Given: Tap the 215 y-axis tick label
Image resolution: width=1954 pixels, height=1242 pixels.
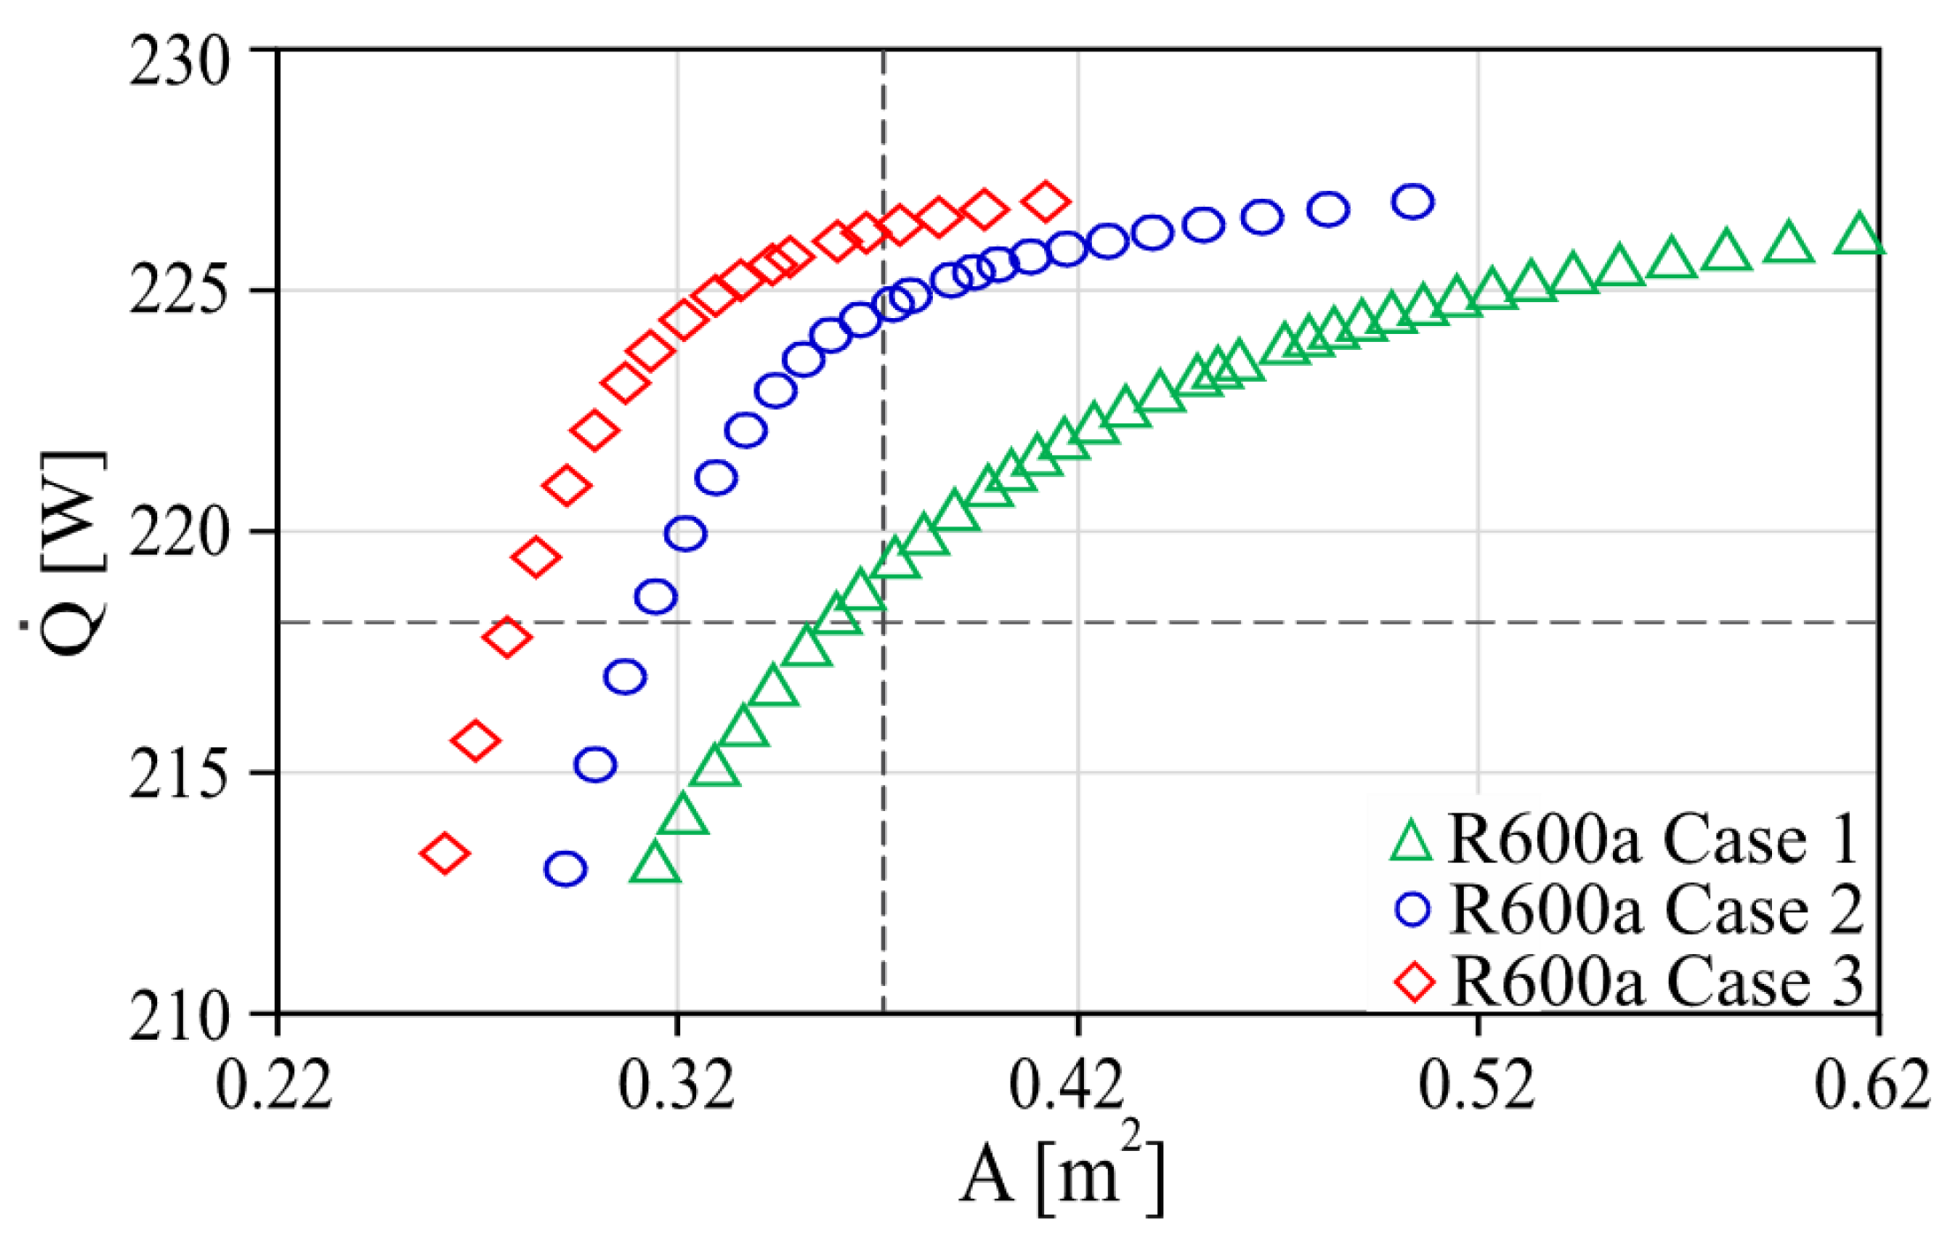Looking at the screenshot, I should (x=179, y=774).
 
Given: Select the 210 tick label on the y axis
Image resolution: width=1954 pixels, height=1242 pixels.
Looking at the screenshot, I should (x=179, y=1016).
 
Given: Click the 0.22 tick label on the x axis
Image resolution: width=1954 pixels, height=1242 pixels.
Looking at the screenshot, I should (x=275, y=1086).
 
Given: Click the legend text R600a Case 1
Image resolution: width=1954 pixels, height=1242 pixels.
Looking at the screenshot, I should (x=1652, y=839).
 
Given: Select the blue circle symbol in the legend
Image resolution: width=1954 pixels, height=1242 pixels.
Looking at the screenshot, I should (x=1412, y=910).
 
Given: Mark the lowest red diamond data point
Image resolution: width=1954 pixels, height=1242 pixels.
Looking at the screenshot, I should (x=444, y=853).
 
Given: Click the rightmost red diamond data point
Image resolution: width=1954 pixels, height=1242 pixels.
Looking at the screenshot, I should (x=1046, y=202).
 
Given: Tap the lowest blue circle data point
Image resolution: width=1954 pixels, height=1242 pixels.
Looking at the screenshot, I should (x=565, y=869).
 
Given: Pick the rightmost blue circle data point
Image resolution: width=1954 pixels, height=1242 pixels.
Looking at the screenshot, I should (x=1412, y=202).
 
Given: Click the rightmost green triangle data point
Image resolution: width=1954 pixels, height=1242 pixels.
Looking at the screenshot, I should (x=1859, y=235).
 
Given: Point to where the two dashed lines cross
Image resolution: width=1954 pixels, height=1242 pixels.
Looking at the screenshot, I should (x=882, y=623).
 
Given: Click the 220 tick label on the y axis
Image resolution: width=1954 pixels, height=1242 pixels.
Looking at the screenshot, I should (x=179, y=532).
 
